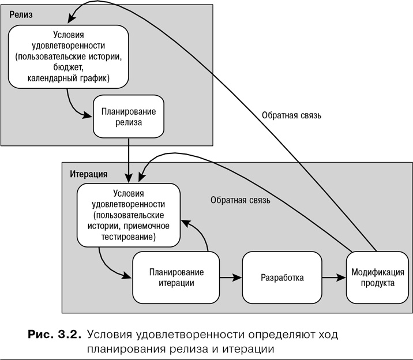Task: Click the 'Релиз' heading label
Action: (21, 14)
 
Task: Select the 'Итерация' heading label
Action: (88, 174)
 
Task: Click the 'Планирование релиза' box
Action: (128, 118)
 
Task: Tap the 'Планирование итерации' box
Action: (176, 277)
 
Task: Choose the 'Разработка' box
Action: (282, 277)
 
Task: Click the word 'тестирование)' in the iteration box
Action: (127, 237)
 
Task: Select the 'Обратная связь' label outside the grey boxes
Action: (292, 115)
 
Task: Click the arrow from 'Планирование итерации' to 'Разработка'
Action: (231, 278)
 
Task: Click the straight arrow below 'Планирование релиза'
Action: (128, 159)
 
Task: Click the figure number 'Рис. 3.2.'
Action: (54, 335)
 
